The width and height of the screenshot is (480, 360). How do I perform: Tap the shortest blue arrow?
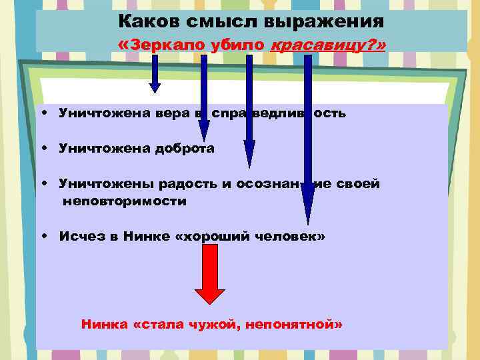click(x=155, y=73)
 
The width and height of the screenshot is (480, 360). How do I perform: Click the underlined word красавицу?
click(x=311, y=45)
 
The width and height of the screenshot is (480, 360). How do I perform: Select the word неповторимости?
click(x=125, y=201)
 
